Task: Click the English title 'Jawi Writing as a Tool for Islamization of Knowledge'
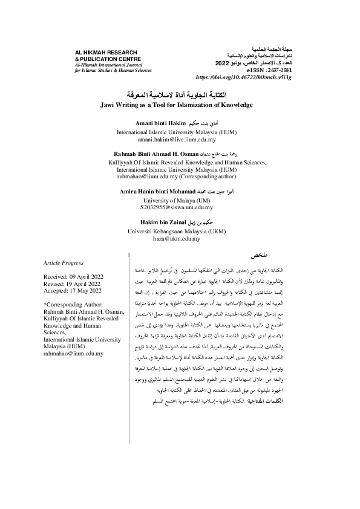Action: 180,105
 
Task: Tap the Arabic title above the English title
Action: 180,96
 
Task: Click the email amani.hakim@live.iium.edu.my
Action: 180,138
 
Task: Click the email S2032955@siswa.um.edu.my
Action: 180,207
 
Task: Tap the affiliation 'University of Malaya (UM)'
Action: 180,199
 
